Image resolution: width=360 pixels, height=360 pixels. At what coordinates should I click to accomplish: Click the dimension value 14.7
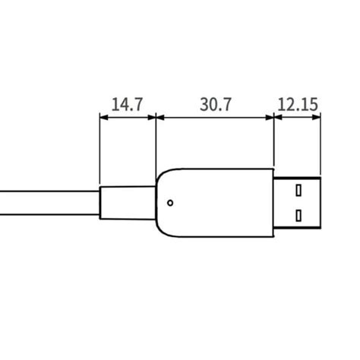click(x=127, y=104)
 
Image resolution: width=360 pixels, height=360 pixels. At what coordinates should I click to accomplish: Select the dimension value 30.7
click(x=215, y=104)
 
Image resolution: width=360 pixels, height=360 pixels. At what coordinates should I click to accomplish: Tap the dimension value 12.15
click(x=297, y=104)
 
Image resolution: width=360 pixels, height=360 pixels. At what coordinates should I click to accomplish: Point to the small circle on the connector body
click(x=170, y=203)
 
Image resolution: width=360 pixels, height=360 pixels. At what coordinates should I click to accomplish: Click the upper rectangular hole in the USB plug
click(x=298, y=188)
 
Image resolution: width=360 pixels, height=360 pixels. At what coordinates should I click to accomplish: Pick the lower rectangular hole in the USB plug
click(x=298, y=215)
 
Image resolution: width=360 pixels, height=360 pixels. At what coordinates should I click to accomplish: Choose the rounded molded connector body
click(x=216, y=203)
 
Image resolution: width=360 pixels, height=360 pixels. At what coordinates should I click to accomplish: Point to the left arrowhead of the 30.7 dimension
click(x=159, y=117)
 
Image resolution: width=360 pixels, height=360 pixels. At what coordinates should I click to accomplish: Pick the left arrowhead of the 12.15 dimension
click(x=278, y=117)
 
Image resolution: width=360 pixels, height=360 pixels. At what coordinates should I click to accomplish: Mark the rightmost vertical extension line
click(x=321, y=144)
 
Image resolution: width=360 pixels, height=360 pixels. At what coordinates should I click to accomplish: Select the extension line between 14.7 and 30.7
click(x=155, y=144)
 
